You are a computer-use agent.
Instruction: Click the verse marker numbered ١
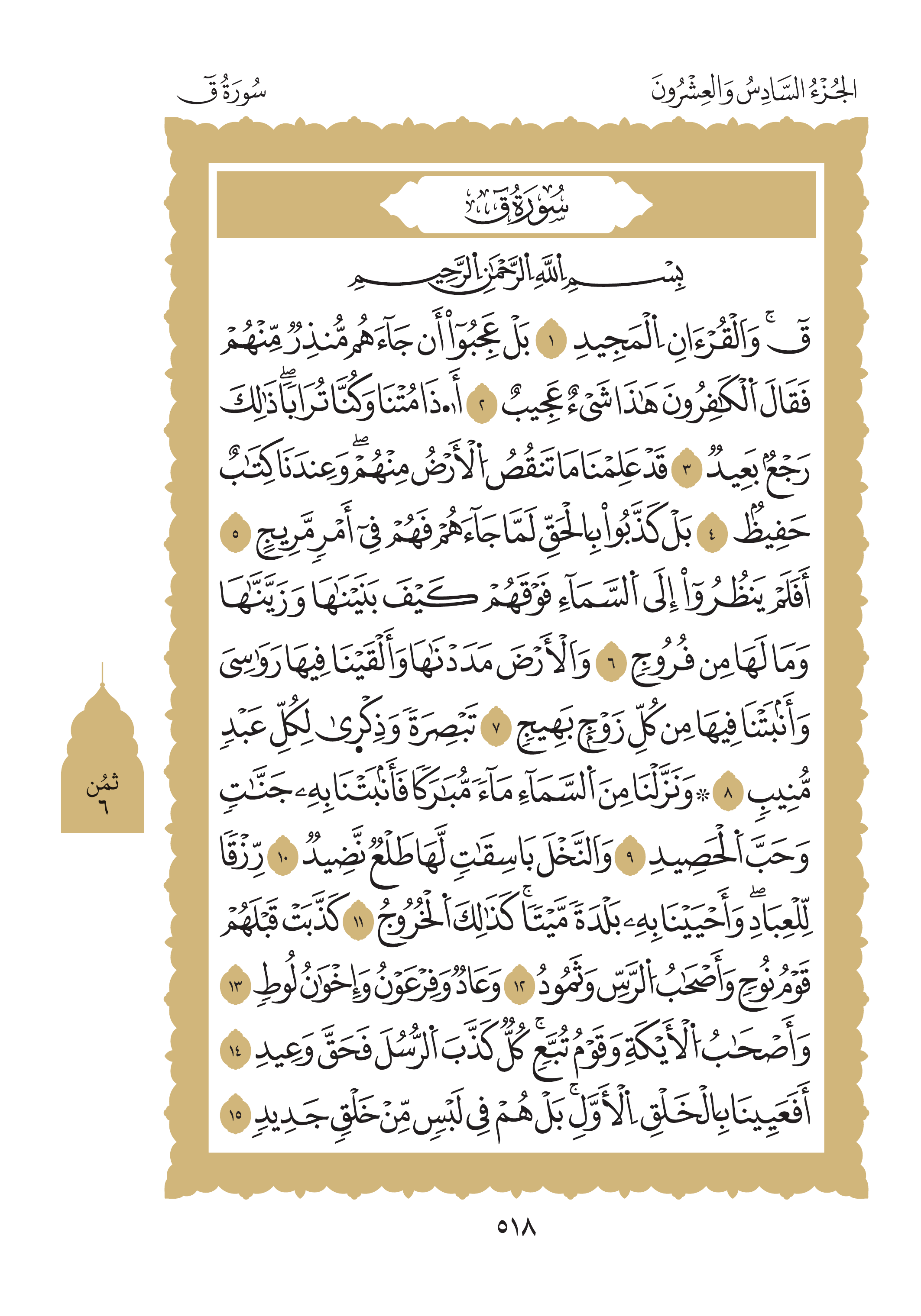(551, 343)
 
